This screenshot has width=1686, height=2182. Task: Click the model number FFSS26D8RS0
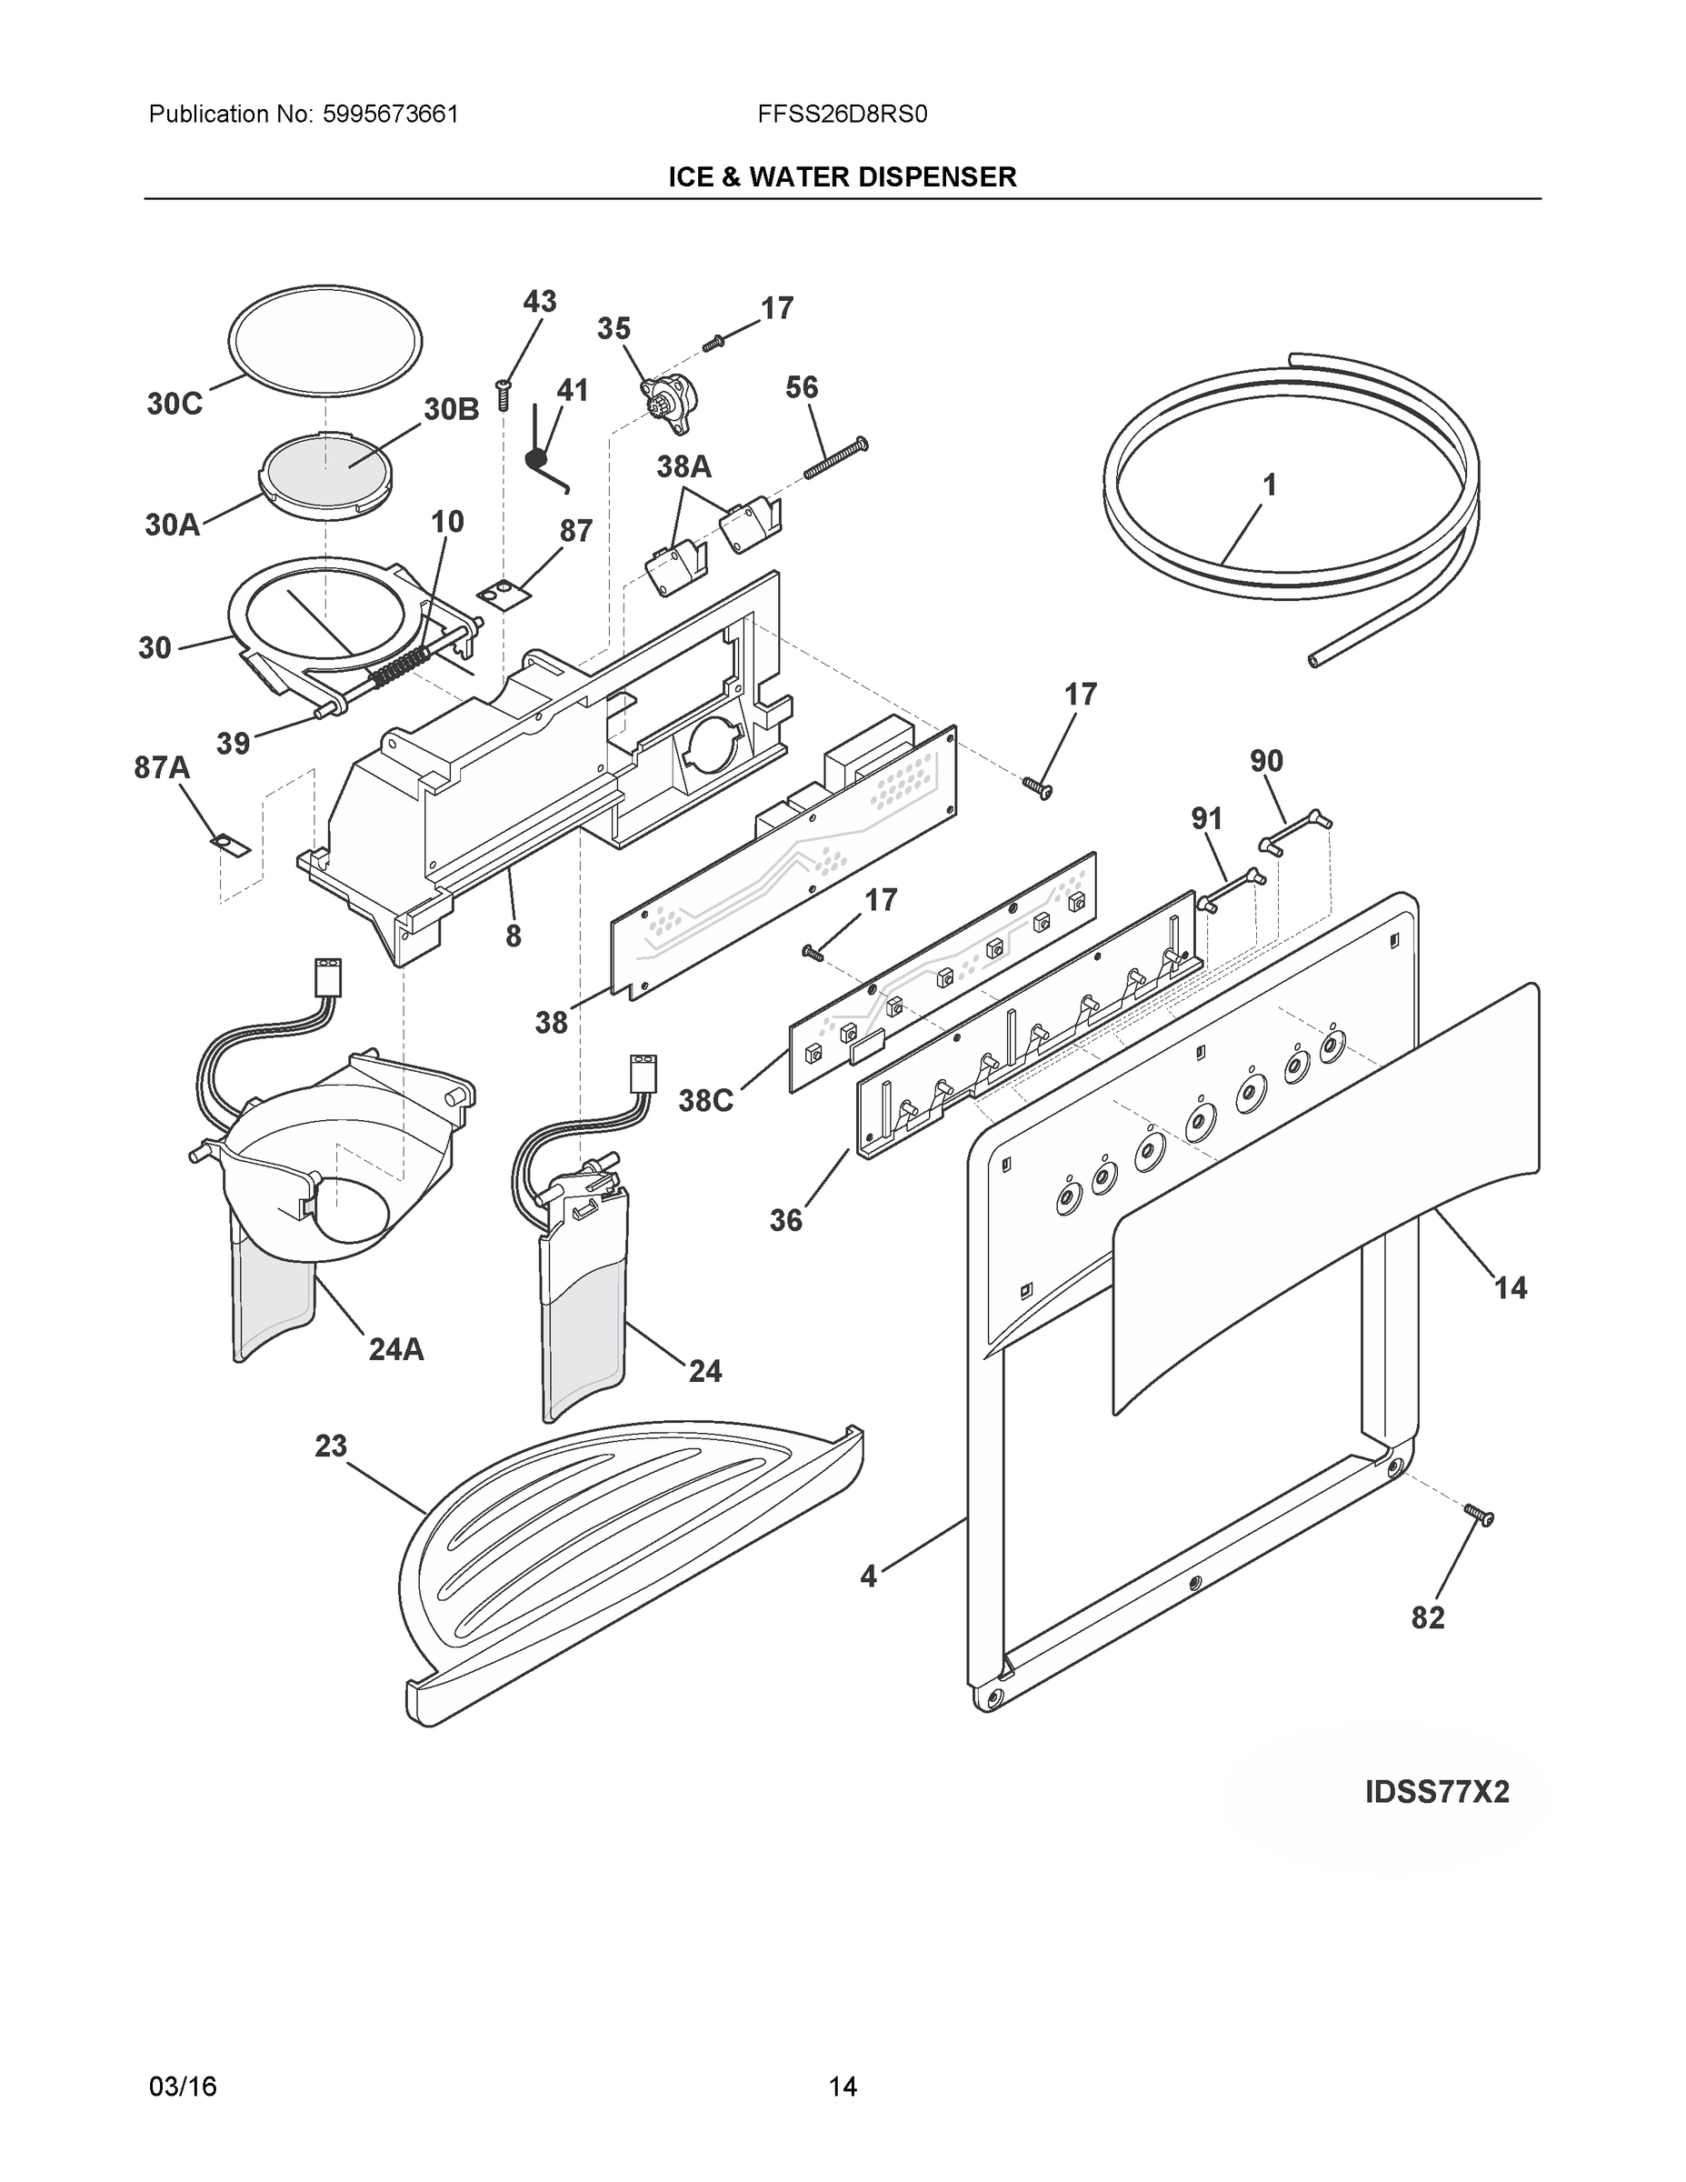point(842,115)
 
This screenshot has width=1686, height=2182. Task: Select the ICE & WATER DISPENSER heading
point(842,177)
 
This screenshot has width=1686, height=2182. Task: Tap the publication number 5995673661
point(390,115)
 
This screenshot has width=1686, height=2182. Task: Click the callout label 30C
point(174,404)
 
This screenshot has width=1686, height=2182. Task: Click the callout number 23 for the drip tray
point(331,1446)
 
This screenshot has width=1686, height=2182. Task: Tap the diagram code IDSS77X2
point(1436,1792)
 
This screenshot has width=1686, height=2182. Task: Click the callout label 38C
point(705,1101)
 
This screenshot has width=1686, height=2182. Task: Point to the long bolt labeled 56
point(835,457)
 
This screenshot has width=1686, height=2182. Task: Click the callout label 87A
point(162,767)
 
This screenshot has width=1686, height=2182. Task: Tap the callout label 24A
point(395,1350)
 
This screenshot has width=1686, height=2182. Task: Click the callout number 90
point(1265,761)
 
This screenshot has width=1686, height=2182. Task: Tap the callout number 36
point(785,1220)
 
